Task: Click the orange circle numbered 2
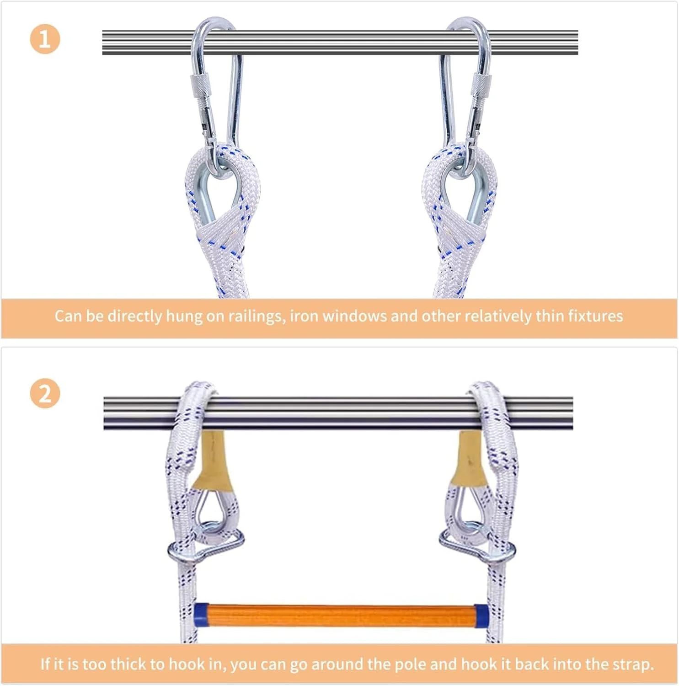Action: tap(45, 393)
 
